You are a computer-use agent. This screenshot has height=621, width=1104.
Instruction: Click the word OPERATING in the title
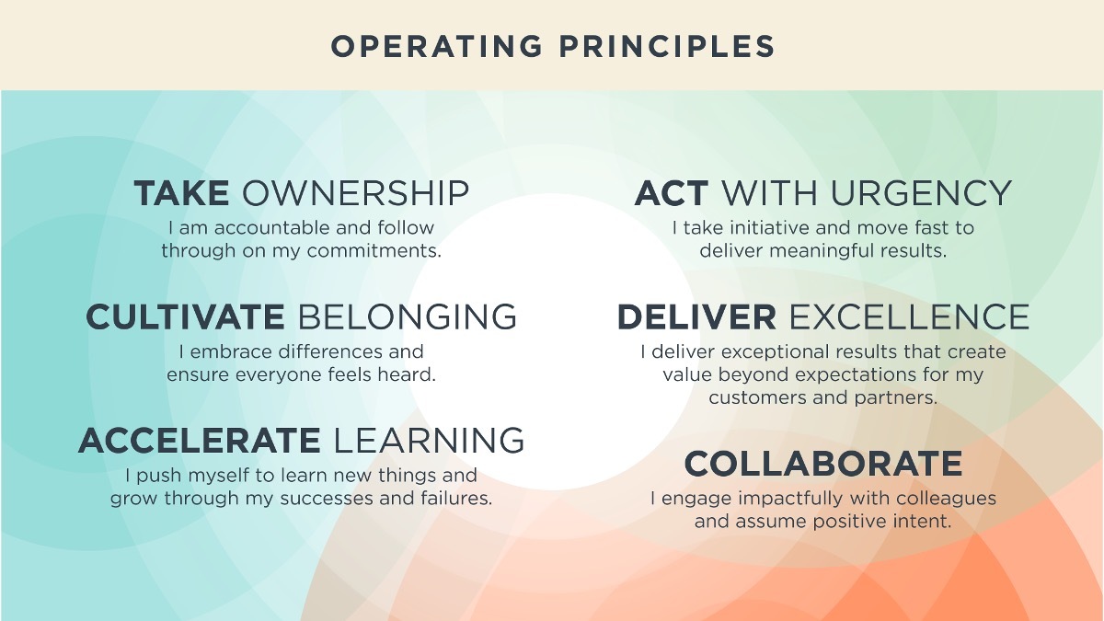437,47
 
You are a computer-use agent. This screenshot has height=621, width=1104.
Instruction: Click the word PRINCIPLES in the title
667,47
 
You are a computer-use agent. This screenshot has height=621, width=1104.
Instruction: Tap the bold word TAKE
181,193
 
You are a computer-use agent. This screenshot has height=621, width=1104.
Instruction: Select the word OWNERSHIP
355,193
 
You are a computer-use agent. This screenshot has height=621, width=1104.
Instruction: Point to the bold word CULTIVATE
185,316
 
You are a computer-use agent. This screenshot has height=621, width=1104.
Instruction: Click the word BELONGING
408,316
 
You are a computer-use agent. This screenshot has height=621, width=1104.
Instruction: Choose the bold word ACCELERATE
200,441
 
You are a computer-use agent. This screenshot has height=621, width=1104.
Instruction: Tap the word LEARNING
429,441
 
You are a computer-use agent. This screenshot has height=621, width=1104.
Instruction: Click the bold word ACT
672,193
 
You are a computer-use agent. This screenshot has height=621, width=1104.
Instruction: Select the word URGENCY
921,193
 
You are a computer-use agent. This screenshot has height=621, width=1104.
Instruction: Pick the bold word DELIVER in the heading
697,316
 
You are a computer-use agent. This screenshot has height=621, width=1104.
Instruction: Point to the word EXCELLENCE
909,316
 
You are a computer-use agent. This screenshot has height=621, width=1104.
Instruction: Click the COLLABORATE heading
823,464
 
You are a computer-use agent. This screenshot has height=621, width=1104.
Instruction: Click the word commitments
374,251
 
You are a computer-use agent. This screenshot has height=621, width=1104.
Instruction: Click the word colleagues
947,499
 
